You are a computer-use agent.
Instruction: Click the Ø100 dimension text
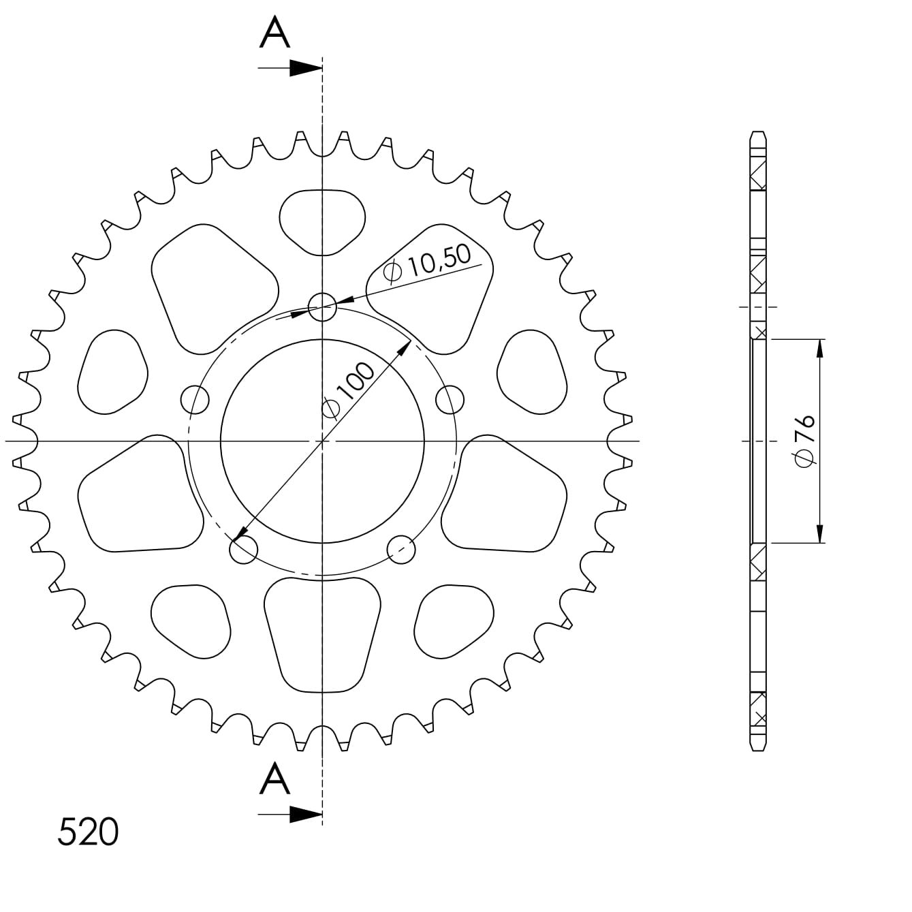coord(348,389)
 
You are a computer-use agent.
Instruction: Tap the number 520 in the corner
coord(88,832)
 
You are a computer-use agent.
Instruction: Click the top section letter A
coord(274,33)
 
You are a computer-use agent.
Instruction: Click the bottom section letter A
coord(274,779)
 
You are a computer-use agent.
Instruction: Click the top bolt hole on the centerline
coord(322,308)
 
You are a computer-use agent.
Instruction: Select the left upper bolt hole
coord(195,399)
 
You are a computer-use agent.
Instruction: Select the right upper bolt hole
coord(450,399)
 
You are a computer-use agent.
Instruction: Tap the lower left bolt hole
coord(244,550)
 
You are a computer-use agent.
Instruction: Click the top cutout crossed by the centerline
coord(322,221)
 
